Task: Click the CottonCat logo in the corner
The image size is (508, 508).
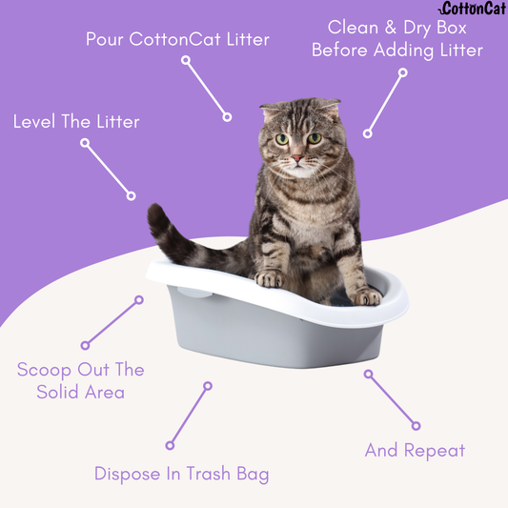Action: tap(473, 10)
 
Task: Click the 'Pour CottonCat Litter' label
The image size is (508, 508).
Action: tap(177, 40)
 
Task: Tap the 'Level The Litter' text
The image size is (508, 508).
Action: tap(76, 122)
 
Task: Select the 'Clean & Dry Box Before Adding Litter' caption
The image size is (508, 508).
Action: tap(397, 38)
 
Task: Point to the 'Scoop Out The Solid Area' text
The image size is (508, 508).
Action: tap(80, 380)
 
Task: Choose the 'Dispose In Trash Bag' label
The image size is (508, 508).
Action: tap(181, 474)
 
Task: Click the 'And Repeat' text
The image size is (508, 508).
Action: tap(415, 451)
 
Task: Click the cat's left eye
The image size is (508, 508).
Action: tap(282, 139)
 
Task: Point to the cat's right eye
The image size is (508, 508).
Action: tap(315, 138)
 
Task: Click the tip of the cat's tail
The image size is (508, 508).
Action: tap(155, 215)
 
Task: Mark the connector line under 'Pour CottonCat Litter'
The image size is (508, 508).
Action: tap(206, 89)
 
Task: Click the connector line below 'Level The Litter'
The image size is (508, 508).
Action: tap(108, 170)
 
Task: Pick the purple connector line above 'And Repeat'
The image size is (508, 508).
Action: tap(392, 399)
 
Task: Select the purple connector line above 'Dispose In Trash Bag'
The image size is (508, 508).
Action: tap(189, 416)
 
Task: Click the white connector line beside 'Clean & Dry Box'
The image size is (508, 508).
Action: tap(385, 102)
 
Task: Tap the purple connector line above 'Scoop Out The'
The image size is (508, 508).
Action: tap(112, 322)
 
